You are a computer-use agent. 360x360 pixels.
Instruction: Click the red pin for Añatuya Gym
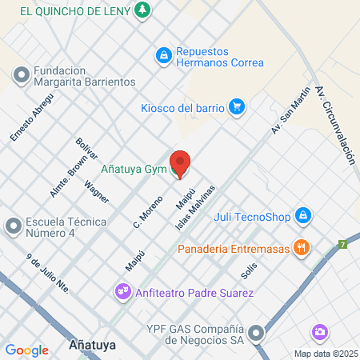(x=181, y=163)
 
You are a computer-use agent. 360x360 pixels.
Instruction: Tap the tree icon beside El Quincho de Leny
(x=142, y=10)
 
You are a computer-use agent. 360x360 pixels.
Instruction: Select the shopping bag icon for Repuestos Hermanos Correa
(x=163, y=55)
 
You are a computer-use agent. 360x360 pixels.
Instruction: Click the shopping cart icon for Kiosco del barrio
(x=236, y=106)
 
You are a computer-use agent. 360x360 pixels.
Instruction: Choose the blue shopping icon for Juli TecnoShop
(x=302, y=215)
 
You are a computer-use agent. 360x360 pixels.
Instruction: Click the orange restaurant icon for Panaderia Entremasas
(x=301, y=247)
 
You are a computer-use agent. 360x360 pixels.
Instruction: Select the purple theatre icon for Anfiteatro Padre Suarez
(x=123, y=291)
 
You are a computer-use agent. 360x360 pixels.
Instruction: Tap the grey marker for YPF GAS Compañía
(x=256, y=332)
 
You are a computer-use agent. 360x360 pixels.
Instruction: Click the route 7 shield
(x=342, y=244)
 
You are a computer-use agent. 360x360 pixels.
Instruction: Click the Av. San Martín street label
(x=290, y=112)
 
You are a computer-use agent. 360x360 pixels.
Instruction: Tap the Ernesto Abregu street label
(x=31, y=118)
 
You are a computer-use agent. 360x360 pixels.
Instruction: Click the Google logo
(x=26, y=350)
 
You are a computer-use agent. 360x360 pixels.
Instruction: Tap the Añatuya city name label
(x=92, y=346)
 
